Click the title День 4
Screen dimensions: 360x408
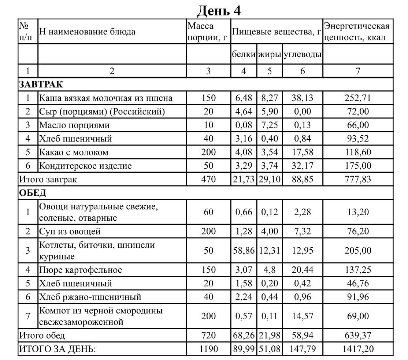pos(219,10)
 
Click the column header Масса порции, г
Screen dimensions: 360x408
pos(207,32)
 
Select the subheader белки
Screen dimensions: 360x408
pos(244,55)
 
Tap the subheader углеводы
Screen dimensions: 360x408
pos(302,55)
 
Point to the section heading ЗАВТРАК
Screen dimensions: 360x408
pos(41,84)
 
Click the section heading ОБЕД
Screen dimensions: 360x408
pos(33,193)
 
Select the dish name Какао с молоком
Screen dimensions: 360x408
pos(74,152)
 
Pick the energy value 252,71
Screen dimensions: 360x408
pos(357,98)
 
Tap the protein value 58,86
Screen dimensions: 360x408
pos(244,250)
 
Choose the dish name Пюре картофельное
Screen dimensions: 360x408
pos(81,270)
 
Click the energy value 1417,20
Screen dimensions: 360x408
pos(357,349)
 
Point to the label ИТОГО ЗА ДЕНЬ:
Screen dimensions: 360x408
pos(57,349)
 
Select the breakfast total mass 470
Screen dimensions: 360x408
pos(208,179)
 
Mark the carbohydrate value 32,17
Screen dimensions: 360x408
pos(302,166)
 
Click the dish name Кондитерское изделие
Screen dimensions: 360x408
pos(85,166)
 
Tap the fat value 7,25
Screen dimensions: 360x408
pos(269,125)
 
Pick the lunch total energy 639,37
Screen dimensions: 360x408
pos(357,335)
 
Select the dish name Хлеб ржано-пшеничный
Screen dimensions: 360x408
pos(90,297)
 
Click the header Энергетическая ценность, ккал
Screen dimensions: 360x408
pos(357,32)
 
